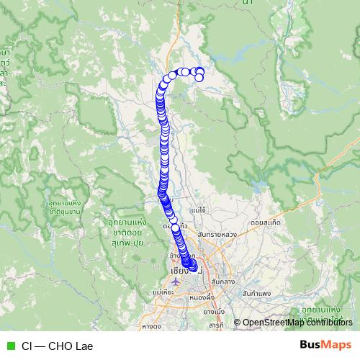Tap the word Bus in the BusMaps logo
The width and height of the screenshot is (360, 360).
(x=312, y=345)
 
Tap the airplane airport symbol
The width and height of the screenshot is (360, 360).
(x=177, y=280)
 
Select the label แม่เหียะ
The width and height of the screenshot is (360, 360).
(x=165, y=293)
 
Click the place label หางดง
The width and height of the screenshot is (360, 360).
(x=151, y=326)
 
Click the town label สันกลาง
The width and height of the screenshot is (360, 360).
(x=225, y=282)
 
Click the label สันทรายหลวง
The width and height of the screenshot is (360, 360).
(x=217, y=235)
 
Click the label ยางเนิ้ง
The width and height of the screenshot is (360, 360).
(x=214, y=312)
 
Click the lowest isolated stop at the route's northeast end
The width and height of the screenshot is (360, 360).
(x=199, y=78)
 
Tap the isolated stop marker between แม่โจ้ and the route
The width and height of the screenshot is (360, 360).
(x=175, y=228)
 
